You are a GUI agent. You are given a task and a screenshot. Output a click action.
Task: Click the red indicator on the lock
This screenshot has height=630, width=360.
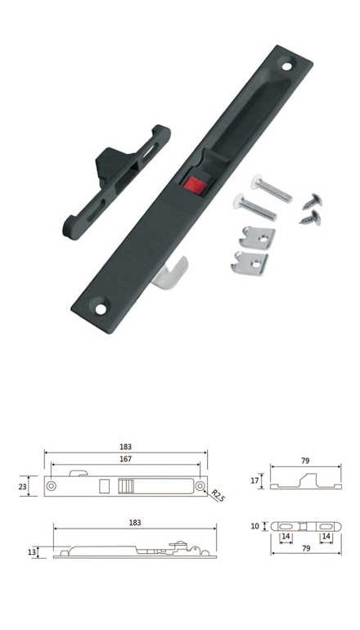(x=196, y=185)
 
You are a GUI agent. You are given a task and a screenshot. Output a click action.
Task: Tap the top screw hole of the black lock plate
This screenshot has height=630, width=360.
(x=287, y=66)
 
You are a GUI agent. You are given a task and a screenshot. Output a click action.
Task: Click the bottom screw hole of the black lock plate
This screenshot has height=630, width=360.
(x=101, y=309)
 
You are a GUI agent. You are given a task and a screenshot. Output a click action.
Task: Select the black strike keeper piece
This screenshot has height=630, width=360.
(x=116, y=181)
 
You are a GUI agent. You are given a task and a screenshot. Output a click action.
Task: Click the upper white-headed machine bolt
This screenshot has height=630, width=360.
(x=272, y=188)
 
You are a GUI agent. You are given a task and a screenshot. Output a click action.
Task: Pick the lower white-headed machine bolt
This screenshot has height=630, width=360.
(x=254, y=206)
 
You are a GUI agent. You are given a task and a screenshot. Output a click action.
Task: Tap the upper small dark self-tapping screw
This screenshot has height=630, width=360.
(x=313, y=202)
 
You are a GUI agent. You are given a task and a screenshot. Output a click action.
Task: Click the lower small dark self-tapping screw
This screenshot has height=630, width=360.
(x=310, y=218)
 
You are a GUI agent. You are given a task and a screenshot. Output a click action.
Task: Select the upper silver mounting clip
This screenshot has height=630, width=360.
(x=257, y=238)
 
